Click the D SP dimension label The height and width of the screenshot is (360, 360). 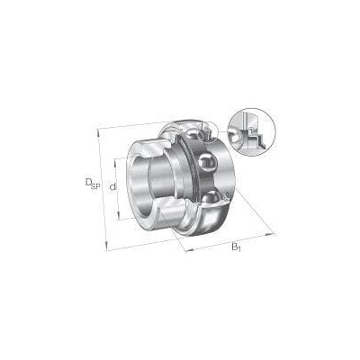point(92,184)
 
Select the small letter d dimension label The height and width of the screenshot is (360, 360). point(112,187)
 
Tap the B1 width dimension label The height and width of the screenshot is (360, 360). point(236,247)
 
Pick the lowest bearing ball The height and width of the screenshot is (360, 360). point(213,199)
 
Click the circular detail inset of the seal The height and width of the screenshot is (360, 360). point(252,131)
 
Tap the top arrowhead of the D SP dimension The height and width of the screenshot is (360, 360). point(98,131)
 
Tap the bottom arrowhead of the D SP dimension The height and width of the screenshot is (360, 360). point(106,247)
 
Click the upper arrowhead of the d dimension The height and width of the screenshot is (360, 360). point(115,161)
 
